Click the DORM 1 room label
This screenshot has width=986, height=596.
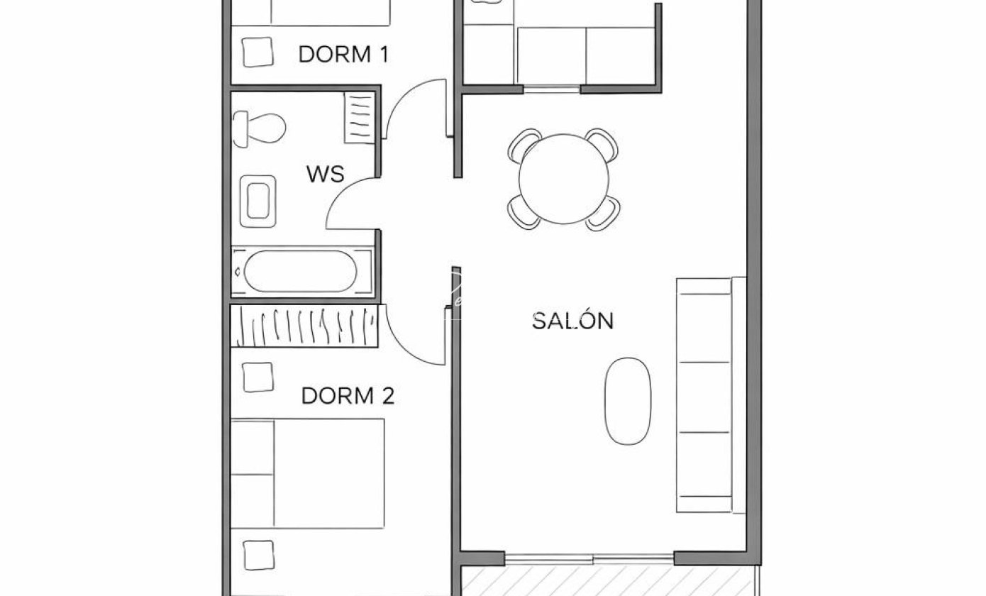344,55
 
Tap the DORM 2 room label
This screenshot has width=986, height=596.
348,396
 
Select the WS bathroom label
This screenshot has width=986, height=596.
326,175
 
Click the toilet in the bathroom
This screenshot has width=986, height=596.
259,128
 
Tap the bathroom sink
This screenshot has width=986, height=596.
258,202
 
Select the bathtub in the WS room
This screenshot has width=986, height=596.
301,271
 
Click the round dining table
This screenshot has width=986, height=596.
564,179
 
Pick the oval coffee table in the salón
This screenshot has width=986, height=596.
628,401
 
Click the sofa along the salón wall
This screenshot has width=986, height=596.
711,394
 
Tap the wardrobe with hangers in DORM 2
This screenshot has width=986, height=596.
304,326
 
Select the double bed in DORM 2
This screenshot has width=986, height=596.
308,474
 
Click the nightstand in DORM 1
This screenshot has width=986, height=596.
257,52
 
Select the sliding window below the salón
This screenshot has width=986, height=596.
589,560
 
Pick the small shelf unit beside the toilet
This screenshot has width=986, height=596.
359,118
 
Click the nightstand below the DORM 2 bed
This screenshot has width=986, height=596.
258,555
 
